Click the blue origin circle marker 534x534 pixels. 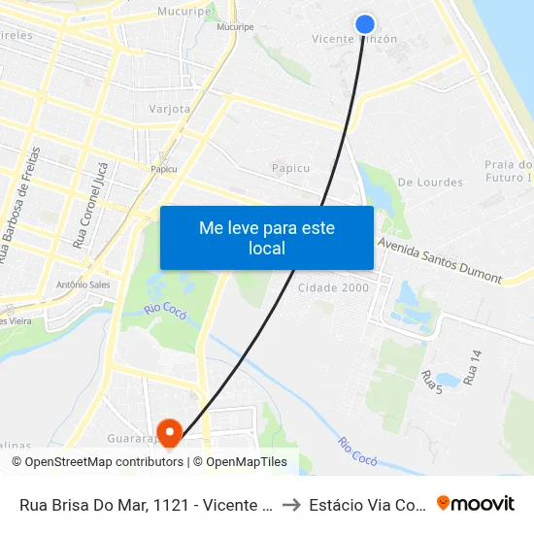tap(365, 24)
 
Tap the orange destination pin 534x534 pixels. tap(170, 433)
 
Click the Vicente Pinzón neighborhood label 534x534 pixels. tap(354, 40)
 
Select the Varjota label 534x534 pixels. tap(169, 109)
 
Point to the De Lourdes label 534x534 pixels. tap(431, 183)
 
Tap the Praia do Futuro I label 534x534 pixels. tap(510, 171)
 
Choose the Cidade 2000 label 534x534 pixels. tap(333, 288)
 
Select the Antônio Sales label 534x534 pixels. tap(83, 284)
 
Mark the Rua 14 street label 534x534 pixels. tap(473, 368)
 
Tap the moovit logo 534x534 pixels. tap(476, 503)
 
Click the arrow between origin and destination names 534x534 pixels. tap(291, 504)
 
